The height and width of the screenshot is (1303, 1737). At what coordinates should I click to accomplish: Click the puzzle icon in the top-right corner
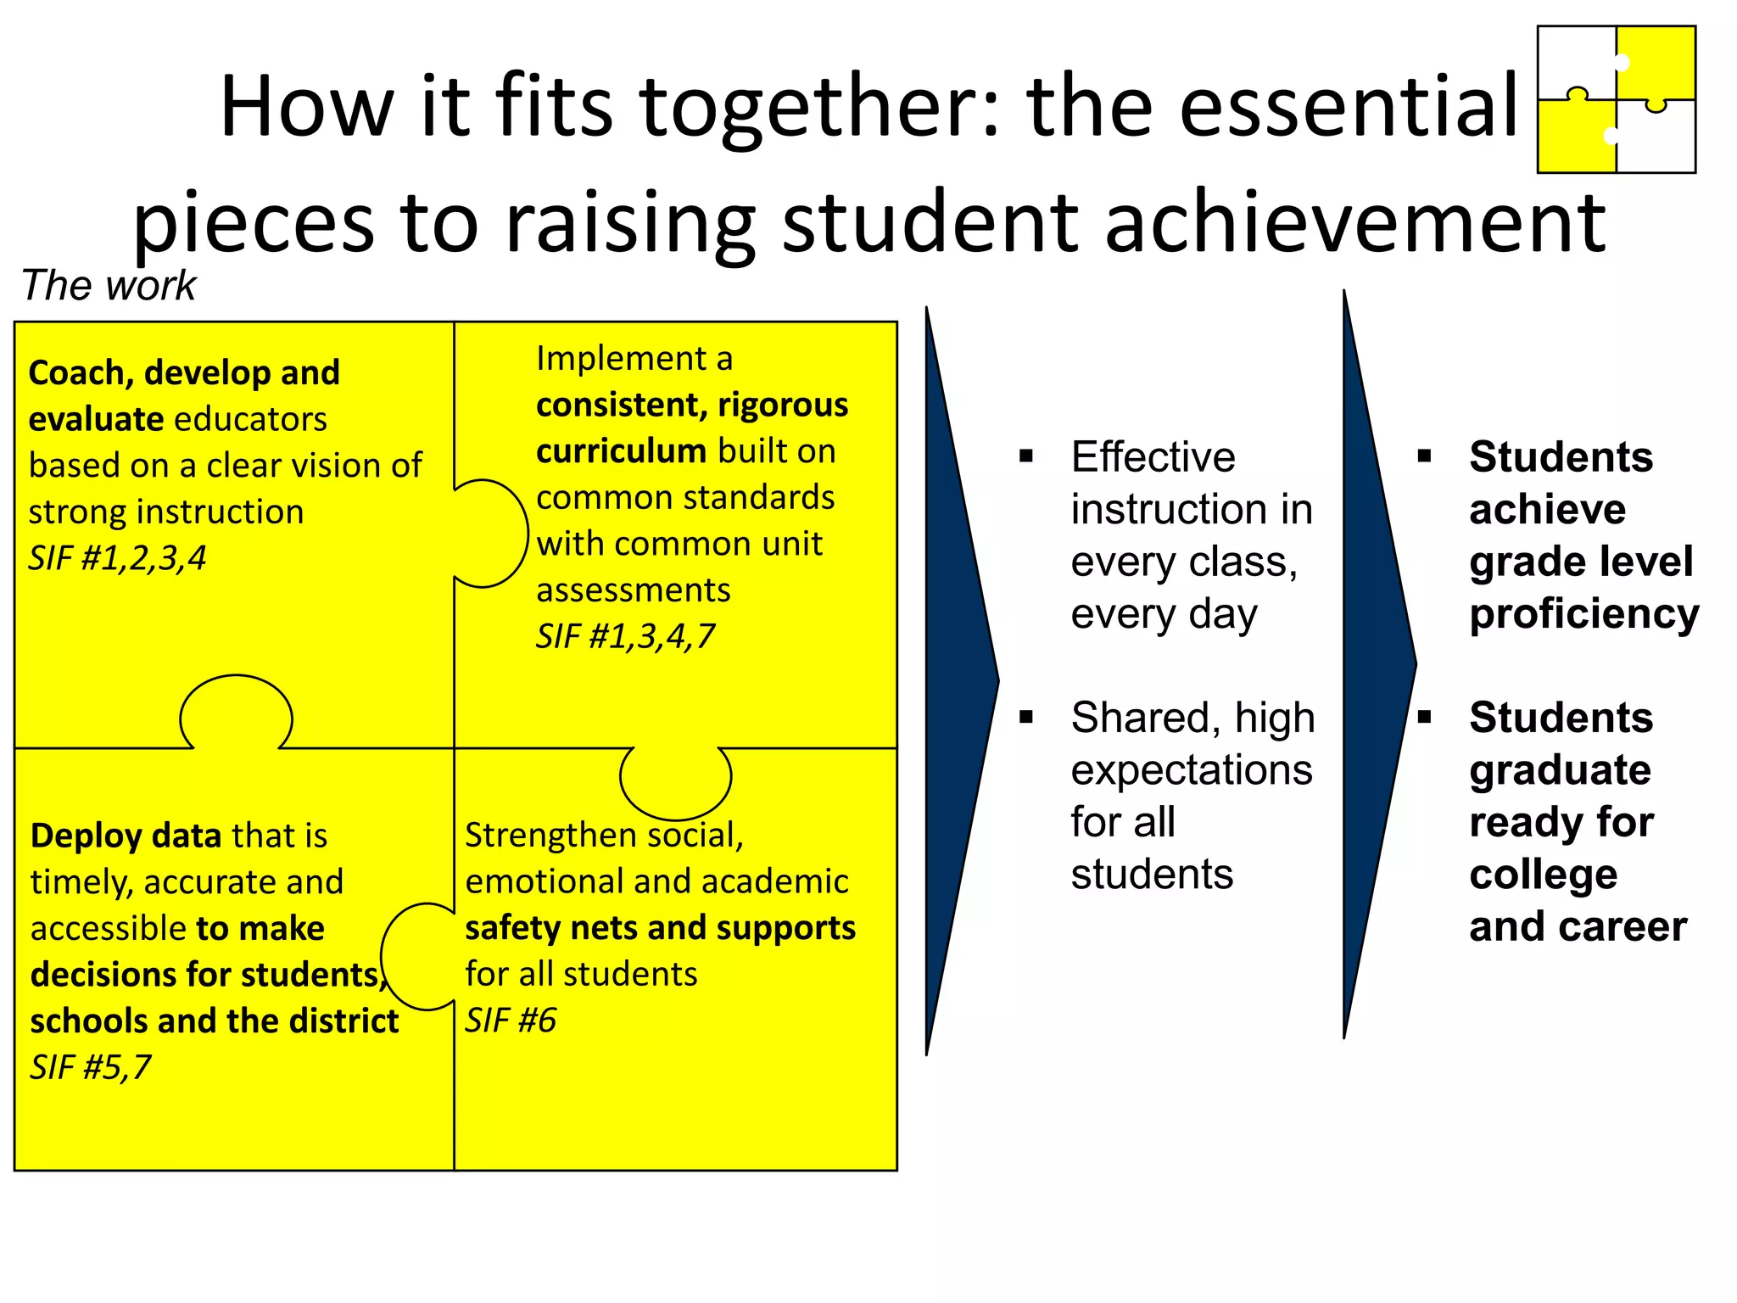point(1616,99)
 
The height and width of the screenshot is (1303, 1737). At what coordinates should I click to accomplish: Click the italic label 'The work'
point(109,285)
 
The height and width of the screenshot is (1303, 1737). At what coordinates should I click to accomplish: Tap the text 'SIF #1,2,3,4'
point(117,558)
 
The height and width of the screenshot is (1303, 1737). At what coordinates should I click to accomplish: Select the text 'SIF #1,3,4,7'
point(625,636)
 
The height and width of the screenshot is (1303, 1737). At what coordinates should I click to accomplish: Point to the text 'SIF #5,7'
point(90,1067)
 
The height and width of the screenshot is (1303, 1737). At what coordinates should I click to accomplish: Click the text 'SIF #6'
point(510,1021)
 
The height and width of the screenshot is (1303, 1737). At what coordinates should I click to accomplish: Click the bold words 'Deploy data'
point(126,836)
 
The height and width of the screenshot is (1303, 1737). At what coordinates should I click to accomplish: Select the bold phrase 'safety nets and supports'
point(660,928)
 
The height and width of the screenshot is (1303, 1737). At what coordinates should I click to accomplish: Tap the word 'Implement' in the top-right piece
point(622,359)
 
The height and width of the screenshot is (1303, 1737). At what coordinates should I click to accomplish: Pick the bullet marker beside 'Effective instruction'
point(1026,456)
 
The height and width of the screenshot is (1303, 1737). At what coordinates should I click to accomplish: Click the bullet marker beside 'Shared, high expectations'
point(1026,718)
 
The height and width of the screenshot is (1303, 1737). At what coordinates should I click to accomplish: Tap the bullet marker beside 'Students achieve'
point(1424,456)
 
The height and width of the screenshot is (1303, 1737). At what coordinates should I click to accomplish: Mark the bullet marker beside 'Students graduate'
point(1424,718)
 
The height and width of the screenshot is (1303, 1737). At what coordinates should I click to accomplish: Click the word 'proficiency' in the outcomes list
point(1583,614)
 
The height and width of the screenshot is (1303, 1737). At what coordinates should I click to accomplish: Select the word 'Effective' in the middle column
point(1153,457)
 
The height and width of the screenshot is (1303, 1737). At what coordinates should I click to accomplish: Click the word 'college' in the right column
point(1543,875)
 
